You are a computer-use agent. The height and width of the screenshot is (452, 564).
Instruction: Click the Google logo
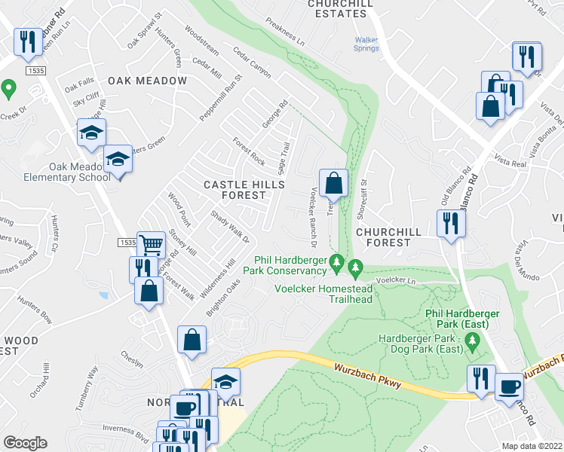point(26,443)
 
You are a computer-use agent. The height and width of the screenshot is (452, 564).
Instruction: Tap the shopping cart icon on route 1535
point(151,244)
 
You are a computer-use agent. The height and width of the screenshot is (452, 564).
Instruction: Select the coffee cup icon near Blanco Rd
point(508,387)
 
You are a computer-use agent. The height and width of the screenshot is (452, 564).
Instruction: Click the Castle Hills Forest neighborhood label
point(245,190)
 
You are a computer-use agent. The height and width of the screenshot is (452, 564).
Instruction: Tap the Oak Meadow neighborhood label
point(146,81)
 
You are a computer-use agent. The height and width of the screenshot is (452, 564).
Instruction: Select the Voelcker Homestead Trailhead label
point(323,293)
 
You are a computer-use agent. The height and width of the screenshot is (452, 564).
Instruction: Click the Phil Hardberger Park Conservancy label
point(290,266)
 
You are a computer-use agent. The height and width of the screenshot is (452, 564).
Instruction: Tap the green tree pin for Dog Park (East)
point(473,344)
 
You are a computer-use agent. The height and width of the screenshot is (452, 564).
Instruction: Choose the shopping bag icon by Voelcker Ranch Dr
point(333,183)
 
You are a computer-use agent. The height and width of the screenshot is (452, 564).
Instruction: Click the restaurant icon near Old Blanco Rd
point(451,224)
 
